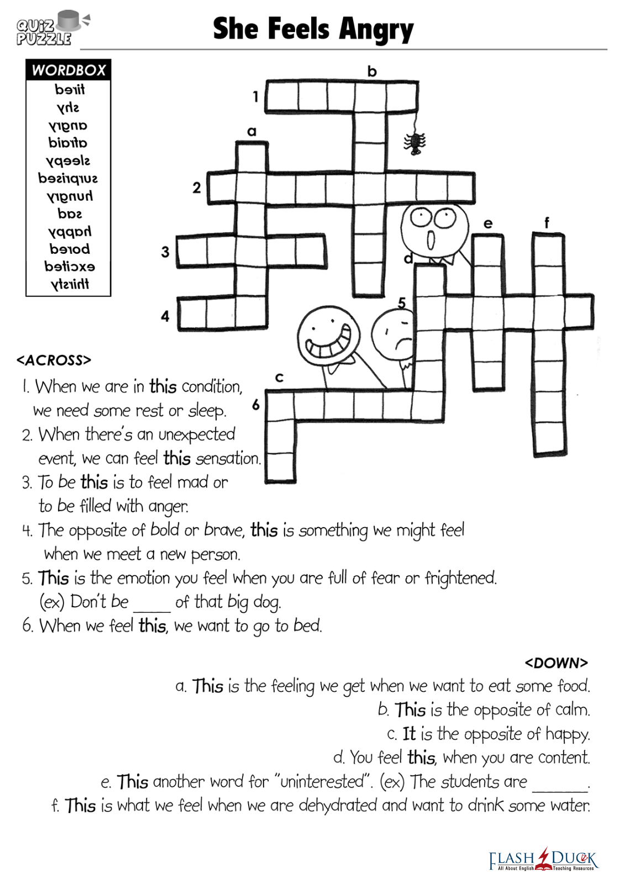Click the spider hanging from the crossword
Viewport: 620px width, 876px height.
[414, 143]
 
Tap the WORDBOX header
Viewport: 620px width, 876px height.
[69, 70]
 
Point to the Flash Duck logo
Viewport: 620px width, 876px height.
[543, 859]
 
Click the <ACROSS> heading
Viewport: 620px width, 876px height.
[54, 361]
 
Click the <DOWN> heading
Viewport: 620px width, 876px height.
[556, 663]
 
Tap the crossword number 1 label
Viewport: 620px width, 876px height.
[256, 97]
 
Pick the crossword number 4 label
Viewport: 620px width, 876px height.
[165, 316]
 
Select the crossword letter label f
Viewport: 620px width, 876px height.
[547, 222]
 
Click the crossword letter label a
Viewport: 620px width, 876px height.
[252, 132]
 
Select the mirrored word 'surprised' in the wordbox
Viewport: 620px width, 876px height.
[68, 179]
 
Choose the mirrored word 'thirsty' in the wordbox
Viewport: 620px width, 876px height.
[70, 284]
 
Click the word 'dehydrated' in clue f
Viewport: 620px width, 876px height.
[338, 805]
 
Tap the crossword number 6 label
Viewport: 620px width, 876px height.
[256, 405]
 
